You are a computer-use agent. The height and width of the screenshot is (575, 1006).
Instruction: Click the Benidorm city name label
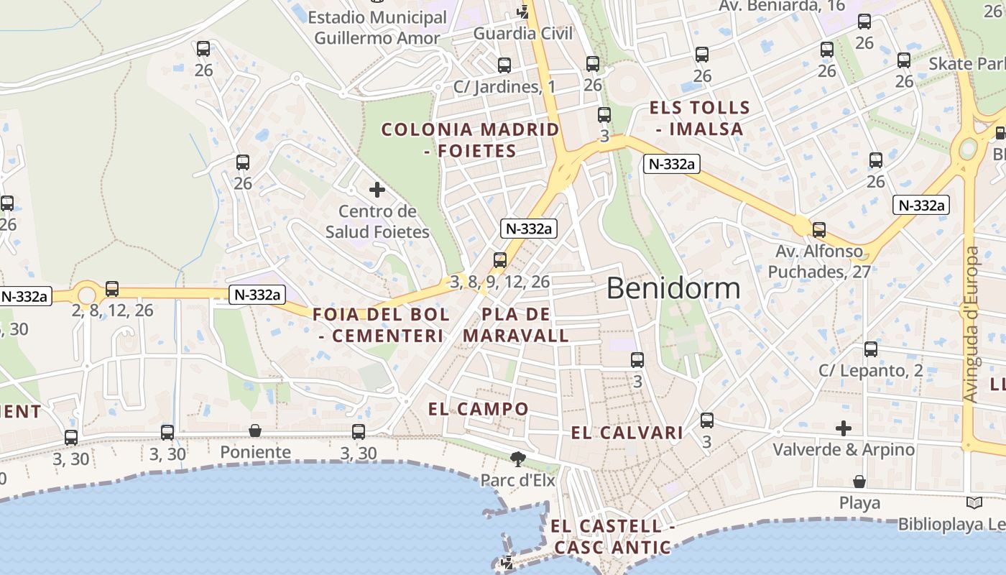click(673, 288)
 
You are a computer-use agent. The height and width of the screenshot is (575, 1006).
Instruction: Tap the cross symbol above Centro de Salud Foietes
click(377, 190)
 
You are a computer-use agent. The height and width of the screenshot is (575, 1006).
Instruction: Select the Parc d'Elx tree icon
click(517, 459)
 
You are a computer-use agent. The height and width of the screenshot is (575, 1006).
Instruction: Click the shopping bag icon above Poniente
click(255, 431)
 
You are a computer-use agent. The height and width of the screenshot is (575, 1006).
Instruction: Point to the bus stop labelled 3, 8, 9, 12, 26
click(500, 260)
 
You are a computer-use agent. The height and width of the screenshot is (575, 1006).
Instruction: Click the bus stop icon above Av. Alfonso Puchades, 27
click(819, 230)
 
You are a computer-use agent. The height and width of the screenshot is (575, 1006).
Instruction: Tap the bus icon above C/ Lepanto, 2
click(871, 349)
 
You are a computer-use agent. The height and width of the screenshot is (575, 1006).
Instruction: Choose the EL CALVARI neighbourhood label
click(627, 433)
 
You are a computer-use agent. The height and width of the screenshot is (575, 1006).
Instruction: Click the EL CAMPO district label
click(479, 409)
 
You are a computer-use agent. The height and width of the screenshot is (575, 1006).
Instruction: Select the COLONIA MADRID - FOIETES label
click(470, 140)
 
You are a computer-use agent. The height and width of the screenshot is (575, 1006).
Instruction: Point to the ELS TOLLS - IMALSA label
click(699, 119)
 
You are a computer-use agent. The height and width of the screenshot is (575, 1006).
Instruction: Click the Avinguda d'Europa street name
click(971, 324)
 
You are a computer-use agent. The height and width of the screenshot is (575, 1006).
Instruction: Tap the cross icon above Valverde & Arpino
click(844, 429)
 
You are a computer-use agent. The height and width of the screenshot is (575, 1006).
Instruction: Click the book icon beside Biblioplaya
click(974, 503)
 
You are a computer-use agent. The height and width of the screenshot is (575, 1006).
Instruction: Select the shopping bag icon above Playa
click(859, 481)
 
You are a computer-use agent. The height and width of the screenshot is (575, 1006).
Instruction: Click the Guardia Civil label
click(523, 33)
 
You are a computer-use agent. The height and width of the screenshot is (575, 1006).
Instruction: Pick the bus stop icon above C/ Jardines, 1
click(504, 65)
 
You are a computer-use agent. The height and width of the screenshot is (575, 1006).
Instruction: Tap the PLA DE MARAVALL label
click(516, 325)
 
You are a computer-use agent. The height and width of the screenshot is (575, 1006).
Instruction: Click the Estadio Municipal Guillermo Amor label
click(377, 27)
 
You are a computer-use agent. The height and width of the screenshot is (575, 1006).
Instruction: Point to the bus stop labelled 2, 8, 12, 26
click(112, 289)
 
